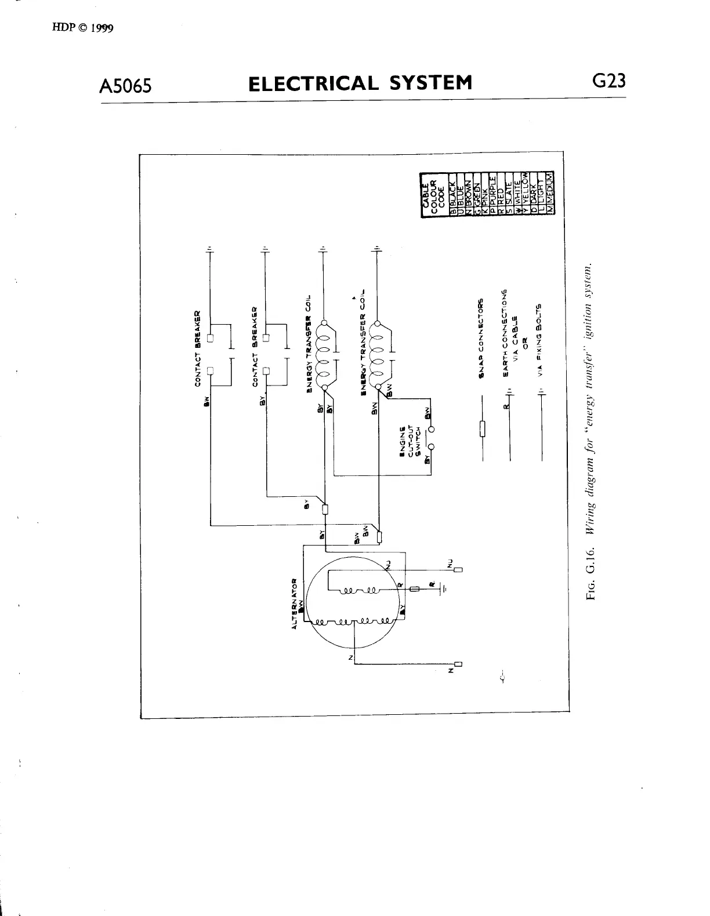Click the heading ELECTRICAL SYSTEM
[x=360, y=83]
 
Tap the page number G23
[x=608, y=81]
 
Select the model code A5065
[x=126, y=85]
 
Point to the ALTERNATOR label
[x=295, y=603]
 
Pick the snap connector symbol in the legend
[x=481, y=430]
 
